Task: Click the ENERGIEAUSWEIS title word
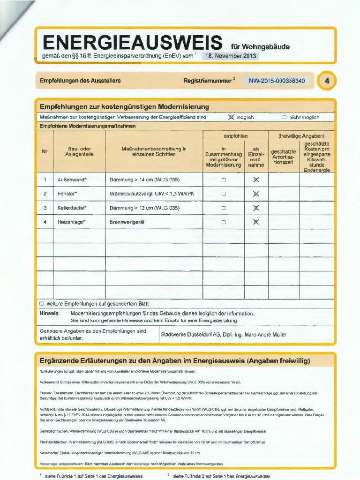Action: coord(132,43)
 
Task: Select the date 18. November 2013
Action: coord(230,56)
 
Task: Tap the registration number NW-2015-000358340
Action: coord(277,81)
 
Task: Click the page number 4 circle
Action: coord(327,81)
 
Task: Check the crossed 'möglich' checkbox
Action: coord(231,117)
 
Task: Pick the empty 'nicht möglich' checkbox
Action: coord(285,117)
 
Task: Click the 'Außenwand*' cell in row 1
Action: coord(72,180)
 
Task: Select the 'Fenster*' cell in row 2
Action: coord(67,194)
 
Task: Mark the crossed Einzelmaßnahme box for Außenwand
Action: coord(256,180)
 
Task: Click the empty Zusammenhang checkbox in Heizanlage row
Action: coord(224,222)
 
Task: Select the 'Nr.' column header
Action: coord(45,151)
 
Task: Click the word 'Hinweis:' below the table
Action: coord(49,313)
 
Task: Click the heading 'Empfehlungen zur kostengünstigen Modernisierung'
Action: coord(124,106)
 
